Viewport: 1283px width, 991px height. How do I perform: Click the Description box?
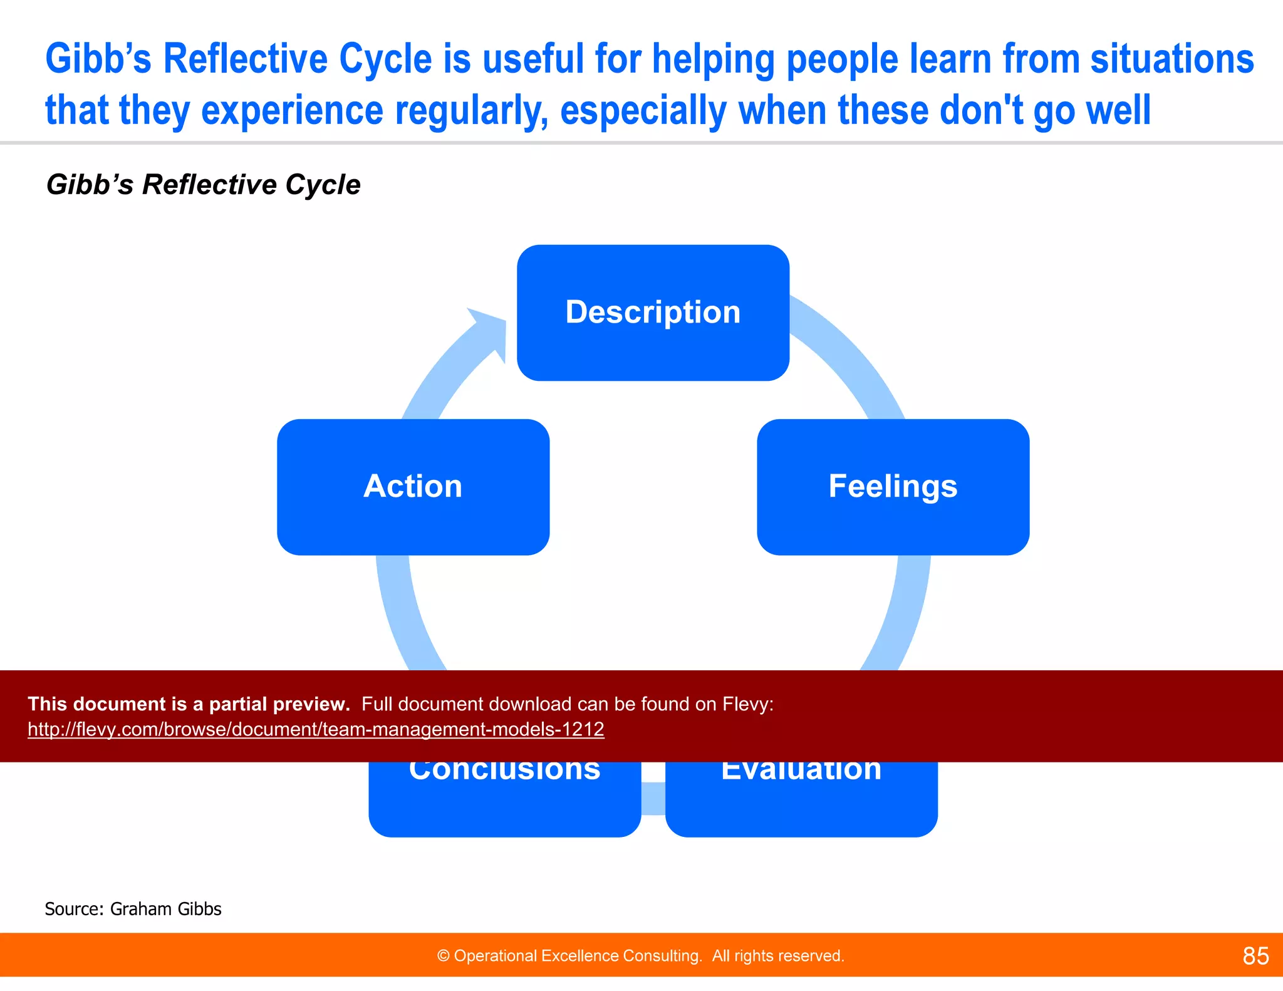[653, 313]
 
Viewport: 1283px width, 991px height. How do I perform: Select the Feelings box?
[893, 487]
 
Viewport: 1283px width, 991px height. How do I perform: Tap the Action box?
[413, 487]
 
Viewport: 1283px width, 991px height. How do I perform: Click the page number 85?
[1255, 956]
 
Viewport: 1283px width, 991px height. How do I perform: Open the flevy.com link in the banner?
[316, 729]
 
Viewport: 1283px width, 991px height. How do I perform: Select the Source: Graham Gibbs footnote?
[133, 909]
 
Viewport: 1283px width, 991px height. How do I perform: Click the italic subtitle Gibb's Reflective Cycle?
[203, 185]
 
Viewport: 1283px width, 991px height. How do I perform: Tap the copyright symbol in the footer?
[443, 956]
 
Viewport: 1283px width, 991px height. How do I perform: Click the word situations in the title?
[1171, 59]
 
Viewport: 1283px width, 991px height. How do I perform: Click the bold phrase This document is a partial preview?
[189, 704]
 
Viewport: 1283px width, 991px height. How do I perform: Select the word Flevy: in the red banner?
[747, 704]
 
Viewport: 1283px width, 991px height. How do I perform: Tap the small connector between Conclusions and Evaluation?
[653, 799]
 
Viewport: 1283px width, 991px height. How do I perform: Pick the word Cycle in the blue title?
[385, 59]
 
